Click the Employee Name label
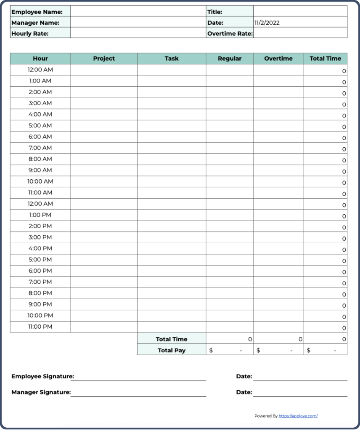[37, 12]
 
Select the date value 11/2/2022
[267, 23]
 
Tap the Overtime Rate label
[230, 34]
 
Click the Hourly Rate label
[30, 34]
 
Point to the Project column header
[104, 59]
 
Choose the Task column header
[172, 59]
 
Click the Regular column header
[230, 59]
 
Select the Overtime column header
[278, 59]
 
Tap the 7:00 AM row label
[40, 148]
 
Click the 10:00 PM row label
[40, 315]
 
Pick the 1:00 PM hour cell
[40, 215]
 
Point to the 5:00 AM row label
[40, 125]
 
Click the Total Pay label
[172, 350]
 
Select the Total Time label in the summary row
[172, 339]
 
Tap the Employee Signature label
[42, 376]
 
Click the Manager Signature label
[41, 392]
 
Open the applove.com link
[298, 416]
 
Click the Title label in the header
[214, 12]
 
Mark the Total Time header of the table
[326, 59]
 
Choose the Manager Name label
[35, 23]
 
